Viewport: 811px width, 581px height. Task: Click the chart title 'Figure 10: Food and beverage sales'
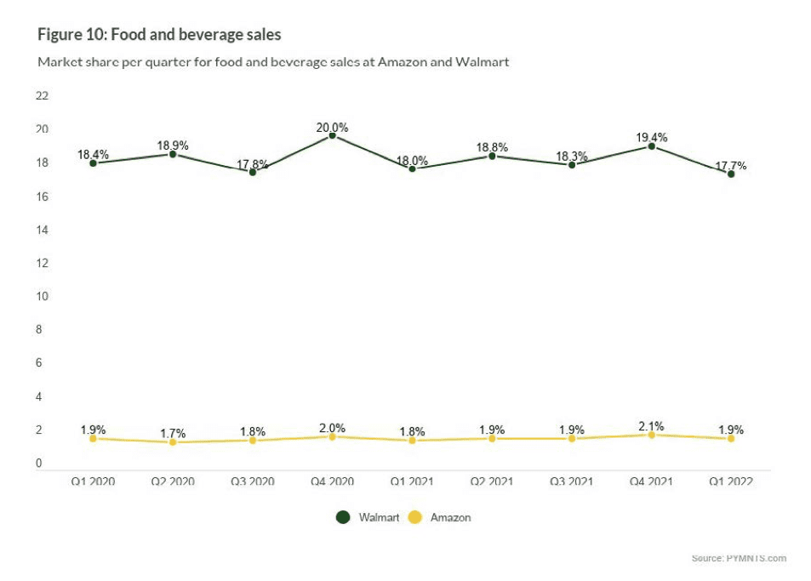tap(159, 35)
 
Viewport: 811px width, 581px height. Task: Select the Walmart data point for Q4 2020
tap(332, 135)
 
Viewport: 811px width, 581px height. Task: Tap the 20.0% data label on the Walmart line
tap(332, 128)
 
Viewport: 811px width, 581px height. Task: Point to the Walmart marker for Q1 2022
tap(731, 174)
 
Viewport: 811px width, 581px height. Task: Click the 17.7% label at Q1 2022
tap(731, 166)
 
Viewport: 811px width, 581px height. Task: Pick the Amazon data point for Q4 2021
tap(651, 435)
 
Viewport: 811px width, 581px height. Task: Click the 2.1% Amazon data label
tap(651, 426)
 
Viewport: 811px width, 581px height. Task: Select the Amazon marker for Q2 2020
tap(173, 441)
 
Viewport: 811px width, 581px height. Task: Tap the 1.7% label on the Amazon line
tap(173, 434)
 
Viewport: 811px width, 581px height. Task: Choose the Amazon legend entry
tap(440, 517)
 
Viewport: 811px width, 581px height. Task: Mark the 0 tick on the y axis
tap(38, 464)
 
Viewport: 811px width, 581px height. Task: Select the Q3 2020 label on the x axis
tap(252, 481)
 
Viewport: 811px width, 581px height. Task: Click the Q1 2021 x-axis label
tap(412, 481)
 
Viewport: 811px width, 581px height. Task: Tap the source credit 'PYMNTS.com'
tap(739, 558)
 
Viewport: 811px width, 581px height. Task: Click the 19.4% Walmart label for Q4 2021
tap(651, 138)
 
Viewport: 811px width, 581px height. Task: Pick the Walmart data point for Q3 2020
tap(253, 172)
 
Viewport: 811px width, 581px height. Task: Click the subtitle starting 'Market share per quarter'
tap(273, 62)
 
